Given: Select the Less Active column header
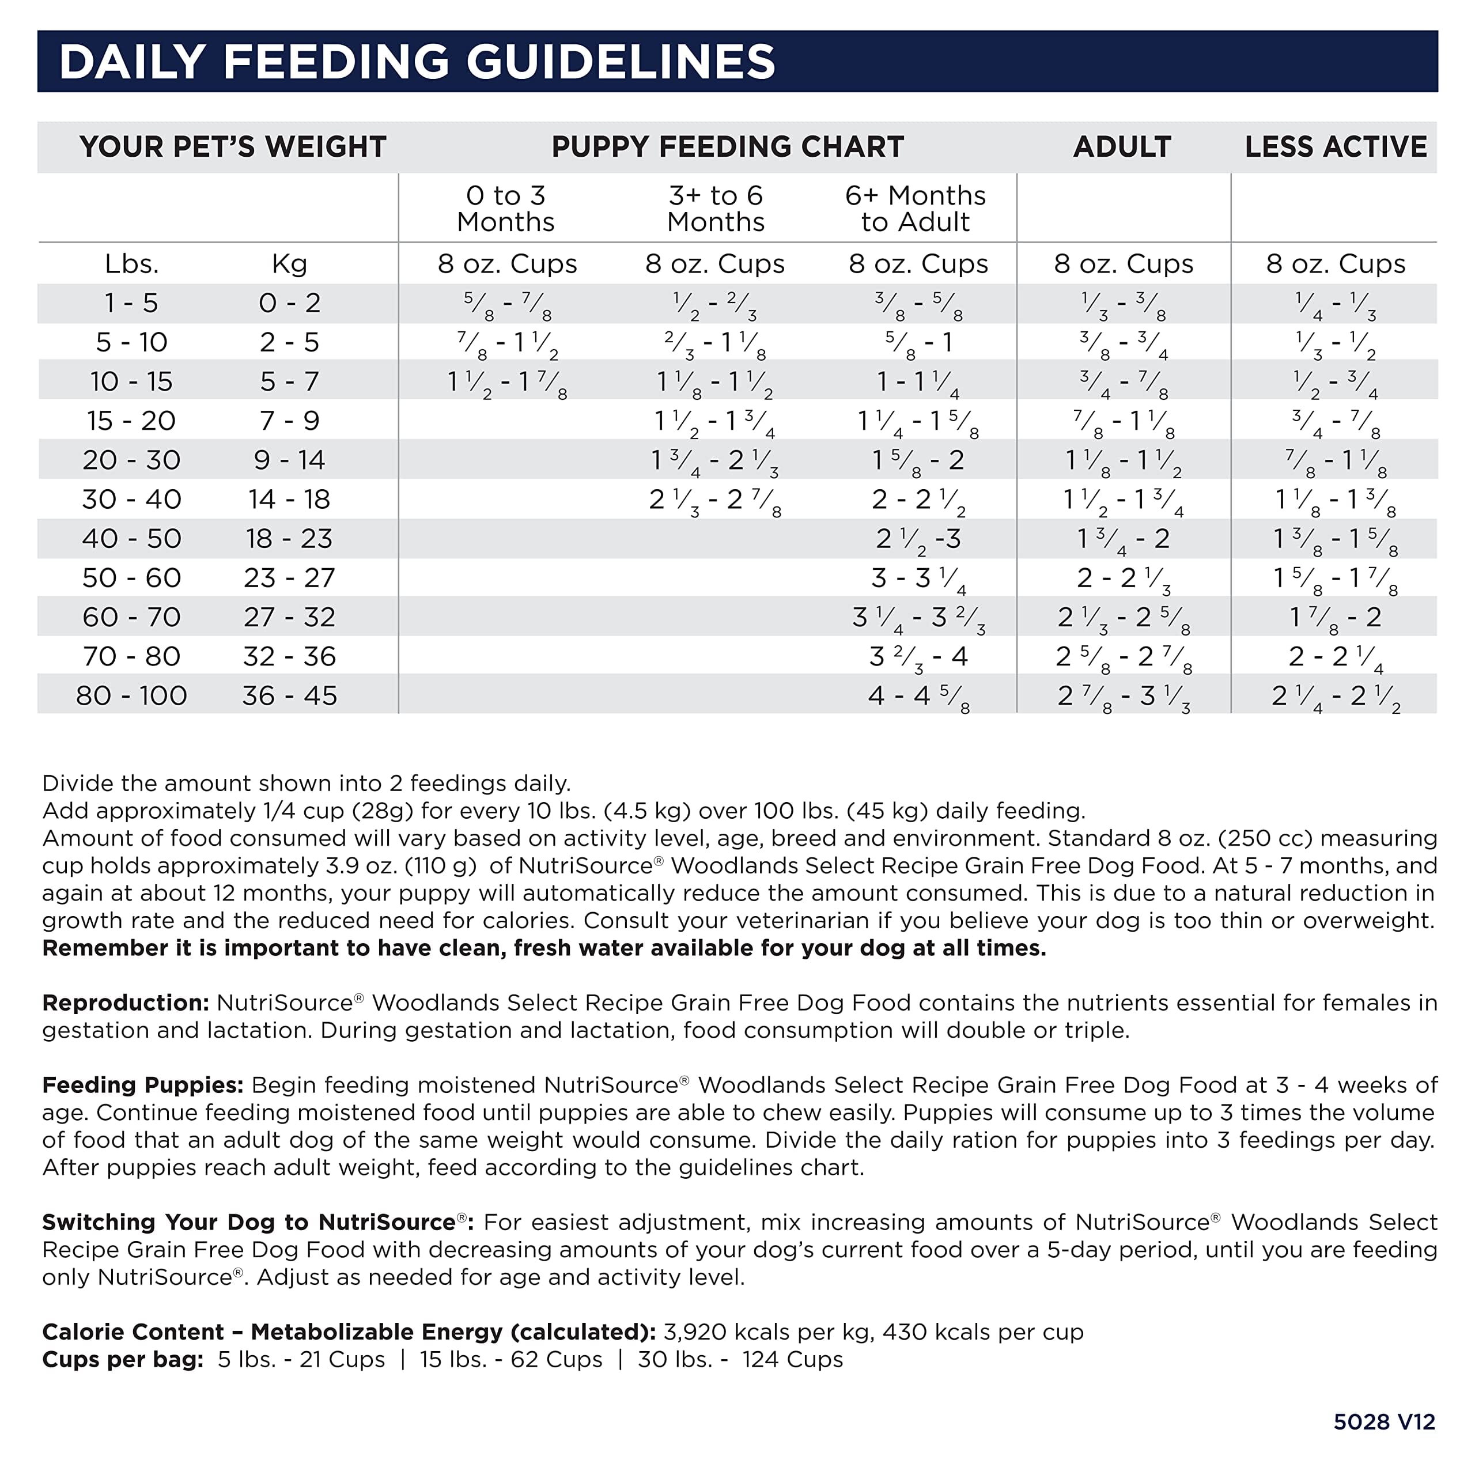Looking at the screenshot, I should pyautogui.click(x=1336, y=146).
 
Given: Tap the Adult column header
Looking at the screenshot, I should pyautogui.click(x=1122, y=146).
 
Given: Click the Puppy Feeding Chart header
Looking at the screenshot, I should pyautogui.click(x=727, y=146).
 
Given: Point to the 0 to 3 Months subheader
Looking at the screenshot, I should pyautogui.click(x=505, y=209).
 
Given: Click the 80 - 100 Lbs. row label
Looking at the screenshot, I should pyautogui.click(x=131, y=695).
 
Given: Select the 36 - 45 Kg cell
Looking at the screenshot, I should pyautogui.click(x=289, y=695).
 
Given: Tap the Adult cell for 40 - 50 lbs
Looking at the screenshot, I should pyautogui.click(x=1122, y=539).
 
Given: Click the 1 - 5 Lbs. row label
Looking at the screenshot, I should pyautogui.click(x=131, y=303).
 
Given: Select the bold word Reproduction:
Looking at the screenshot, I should pyautogui.click(x=125, y=1003).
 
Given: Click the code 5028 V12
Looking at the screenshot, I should pyautogui.click(x=1384, y=1421).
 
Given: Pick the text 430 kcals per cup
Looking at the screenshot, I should pyautogui.click(x=982, y=1332).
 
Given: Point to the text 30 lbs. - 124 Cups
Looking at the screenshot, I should pyautogui.click(x=740, y=1360).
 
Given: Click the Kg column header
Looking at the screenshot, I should pyautogui.click(x=289, y=264).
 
